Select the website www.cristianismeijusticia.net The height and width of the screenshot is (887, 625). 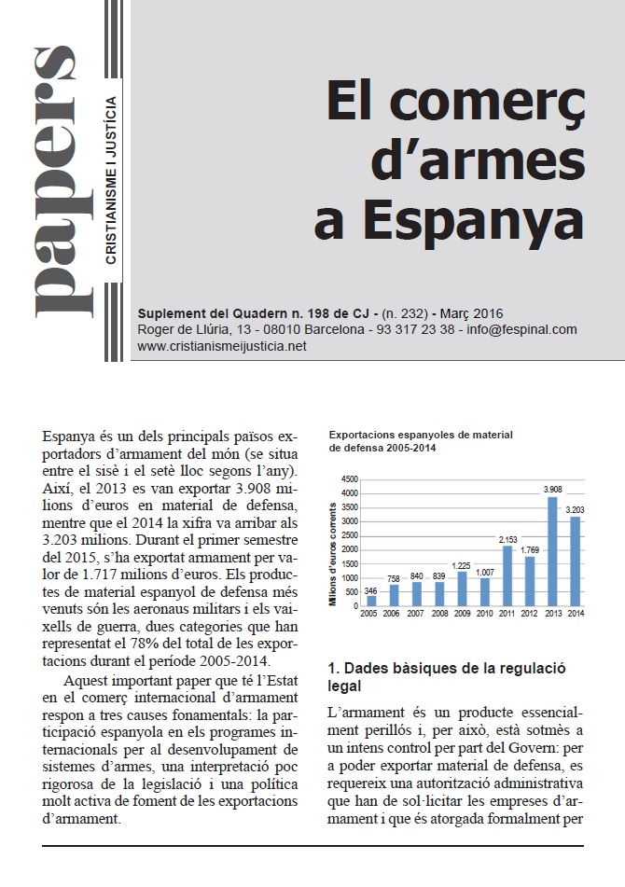[222, 346]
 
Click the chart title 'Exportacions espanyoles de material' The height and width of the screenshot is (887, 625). [421, 435]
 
